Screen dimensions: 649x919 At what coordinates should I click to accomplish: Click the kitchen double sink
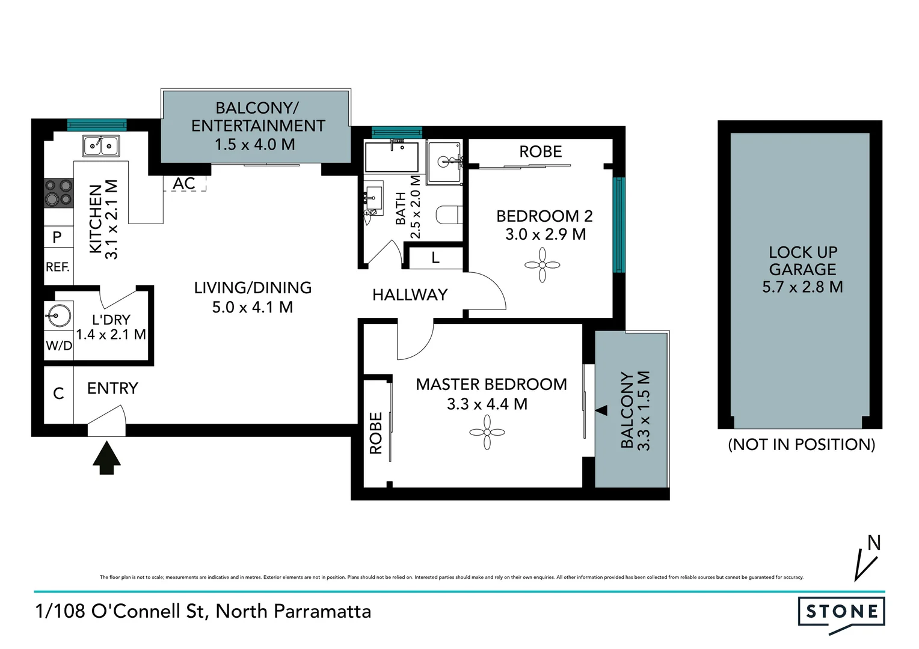tap(101, 145)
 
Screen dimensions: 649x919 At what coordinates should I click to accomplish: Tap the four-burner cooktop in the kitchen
tap(58, 192)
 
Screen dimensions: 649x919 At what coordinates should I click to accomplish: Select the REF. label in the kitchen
tap(58, 267)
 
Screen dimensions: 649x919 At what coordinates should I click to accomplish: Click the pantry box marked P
tap(58, 237)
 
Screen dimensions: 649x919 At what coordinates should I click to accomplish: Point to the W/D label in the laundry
tap(58, 346)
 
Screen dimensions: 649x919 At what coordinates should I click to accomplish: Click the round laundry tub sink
tap(58, 314)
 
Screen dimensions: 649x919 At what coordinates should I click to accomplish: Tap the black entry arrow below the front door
tap(106, 458)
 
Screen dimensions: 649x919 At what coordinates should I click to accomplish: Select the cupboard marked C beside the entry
tap(58, 394)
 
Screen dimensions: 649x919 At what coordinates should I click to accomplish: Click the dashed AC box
tap(185, 183)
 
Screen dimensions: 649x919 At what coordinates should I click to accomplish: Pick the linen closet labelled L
tap(435, 258)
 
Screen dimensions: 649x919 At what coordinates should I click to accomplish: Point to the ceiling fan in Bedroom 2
tap(542, 265)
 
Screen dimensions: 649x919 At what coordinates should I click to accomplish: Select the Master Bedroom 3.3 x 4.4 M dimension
tap(487, 404)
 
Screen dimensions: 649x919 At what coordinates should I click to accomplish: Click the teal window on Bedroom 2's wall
tap(619, 225)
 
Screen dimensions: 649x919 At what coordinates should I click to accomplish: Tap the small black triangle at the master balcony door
tap(601, 410)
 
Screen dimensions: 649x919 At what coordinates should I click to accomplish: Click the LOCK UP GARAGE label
tap(802, 260)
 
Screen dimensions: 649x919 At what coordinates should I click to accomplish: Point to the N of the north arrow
tap(874, 543)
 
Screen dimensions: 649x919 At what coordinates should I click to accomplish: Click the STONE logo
tap(841, 612)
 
